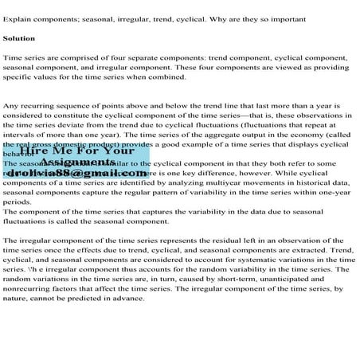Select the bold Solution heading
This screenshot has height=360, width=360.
[19, 37]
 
